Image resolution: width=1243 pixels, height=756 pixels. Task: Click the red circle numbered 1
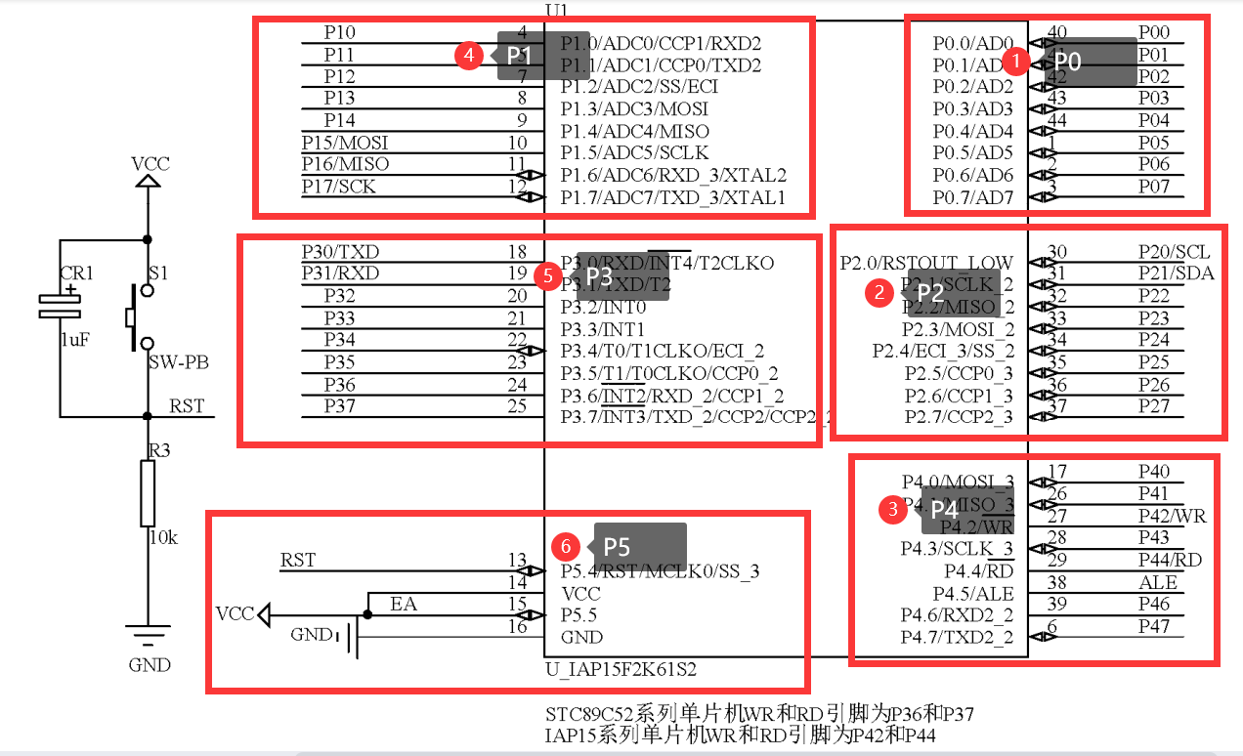point(1016,63)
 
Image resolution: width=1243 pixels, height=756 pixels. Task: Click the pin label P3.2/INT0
point(603,307)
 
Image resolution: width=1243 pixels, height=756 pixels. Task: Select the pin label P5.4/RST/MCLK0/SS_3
point(660,570)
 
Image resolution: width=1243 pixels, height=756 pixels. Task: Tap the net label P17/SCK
point(338,186)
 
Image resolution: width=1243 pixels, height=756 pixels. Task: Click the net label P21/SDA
point(1177,273)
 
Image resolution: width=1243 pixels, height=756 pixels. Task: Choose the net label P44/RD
point(1170,560)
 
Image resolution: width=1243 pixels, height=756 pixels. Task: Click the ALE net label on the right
point(1158,582)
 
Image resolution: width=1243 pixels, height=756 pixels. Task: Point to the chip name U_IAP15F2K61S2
point(621,670)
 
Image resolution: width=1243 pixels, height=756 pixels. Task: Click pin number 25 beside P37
point(517,405)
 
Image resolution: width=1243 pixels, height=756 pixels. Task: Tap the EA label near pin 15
point(404,604)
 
